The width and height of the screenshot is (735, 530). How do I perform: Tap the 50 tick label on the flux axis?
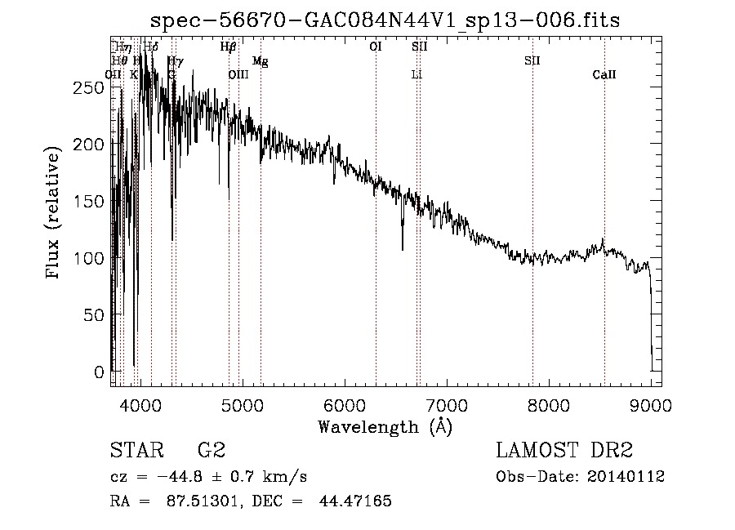[x=96, y=315]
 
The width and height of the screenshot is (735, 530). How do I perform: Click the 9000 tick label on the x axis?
[x=651, y=403]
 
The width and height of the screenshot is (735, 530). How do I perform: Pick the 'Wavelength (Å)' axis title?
[x=385, y=426]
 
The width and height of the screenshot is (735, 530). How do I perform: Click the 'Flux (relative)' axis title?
[x=55, y=214]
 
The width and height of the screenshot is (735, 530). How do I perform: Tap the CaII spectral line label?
[x=604, y=75]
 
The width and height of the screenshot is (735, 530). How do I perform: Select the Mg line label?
[x=261, y=61]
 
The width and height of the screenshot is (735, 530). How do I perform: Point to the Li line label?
[x=416, y=75]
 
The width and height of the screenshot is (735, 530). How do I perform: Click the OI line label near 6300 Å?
[x=376, y=47]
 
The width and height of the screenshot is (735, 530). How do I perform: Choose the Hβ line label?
[x=229, y=47]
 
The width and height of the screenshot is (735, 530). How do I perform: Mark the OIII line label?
[x=238, y=75]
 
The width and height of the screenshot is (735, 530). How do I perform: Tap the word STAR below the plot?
[x=136, y=450]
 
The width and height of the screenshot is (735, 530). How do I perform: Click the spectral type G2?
[x=211, y=450]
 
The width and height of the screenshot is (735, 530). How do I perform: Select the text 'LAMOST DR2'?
[x=564, y=450]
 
